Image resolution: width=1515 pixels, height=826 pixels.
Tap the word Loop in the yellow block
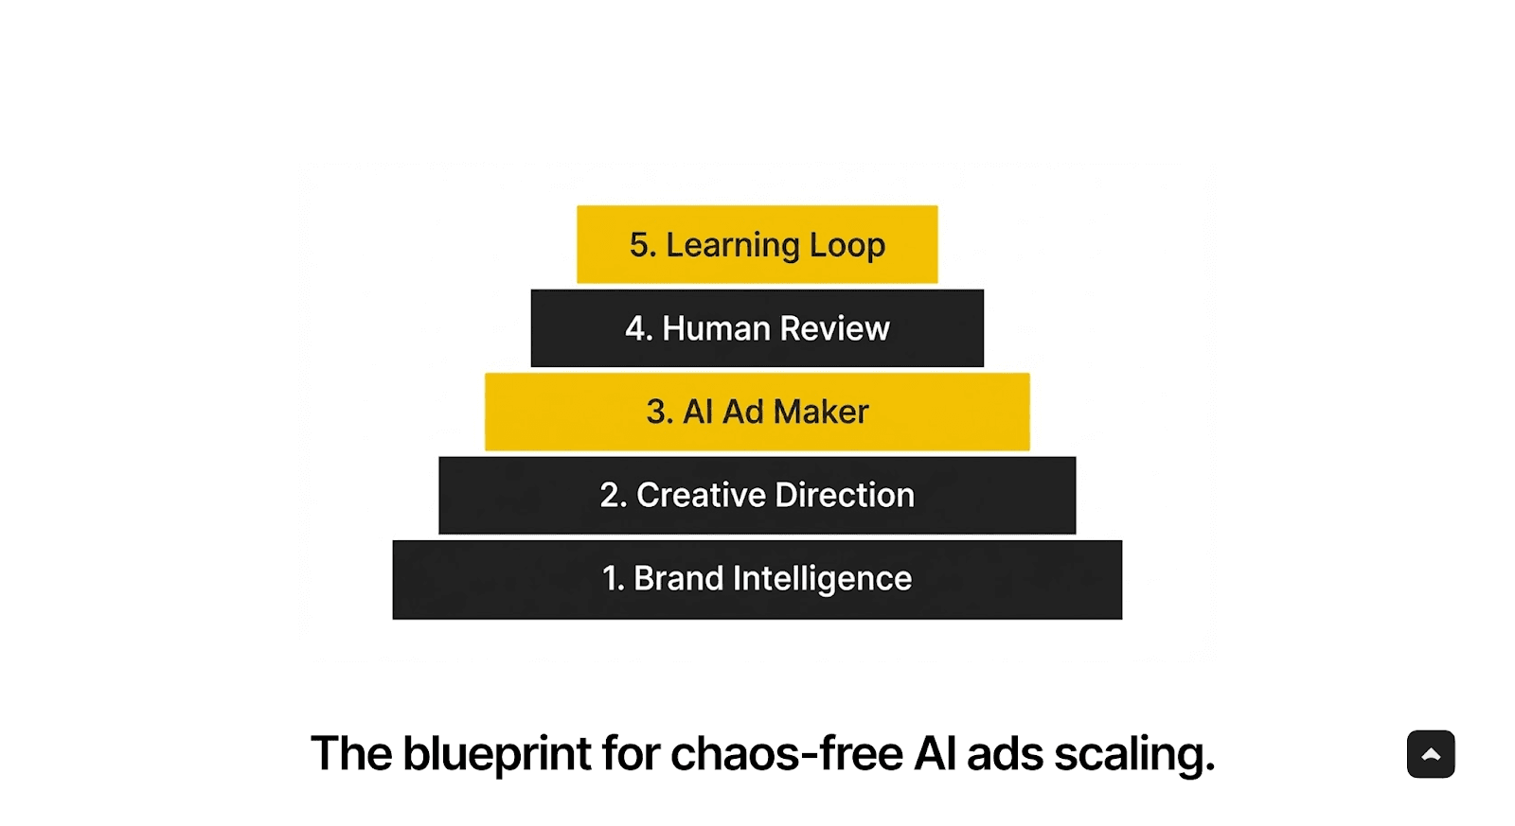pos(847,246)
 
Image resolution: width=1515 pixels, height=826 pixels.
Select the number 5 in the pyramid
pos(640,245)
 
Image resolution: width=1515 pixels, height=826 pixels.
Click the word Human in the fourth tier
pos(716,328)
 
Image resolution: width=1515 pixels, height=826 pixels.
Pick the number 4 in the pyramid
pos(636,328)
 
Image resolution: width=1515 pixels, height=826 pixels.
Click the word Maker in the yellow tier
pos(821,412)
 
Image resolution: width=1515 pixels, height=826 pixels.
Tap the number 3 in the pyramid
pos(657,412)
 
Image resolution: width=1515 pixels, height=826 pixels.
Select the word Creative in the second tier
pos(701,495)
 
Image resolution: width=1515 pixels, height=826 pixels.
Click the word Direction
pos(845,495)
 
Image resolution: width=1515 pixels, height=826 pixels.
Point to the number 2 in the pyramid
pos(611,495)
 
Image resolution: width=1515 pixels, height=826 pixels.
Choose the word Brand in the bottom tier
pos(678,578)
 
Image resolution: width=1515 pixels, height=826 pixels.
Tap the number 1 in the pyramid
pos(611,578)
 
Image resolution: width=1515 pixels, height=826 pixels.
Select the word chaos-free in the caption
pos(787,754)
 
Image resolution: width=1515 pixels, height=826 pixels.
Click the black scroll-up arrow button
pos(1430,754)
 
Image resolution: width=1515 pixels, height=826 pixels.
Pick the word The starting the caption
pos(350,754)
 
